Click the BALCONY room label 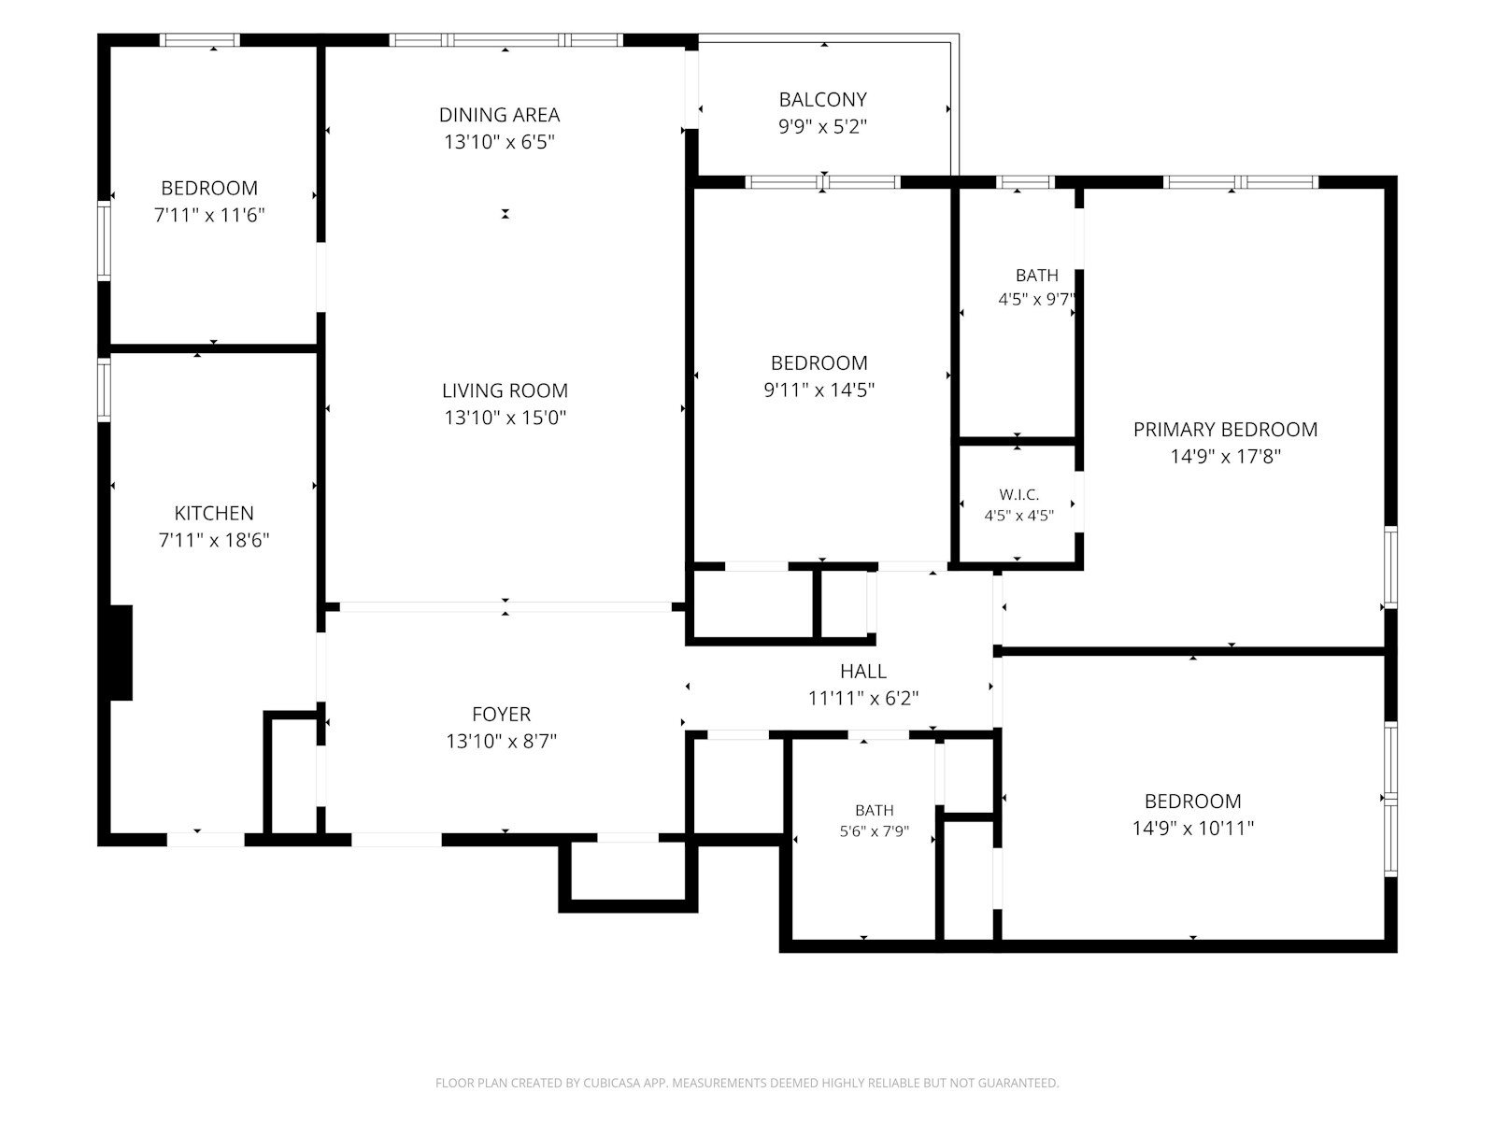[x=823, y=100]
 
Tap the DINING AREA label [x=499, y=115]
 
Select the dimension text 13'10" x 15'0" [x=505, y=418]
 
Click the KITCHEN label [x=214, y=513]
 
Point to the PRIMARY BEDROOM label [x=1225, y=430]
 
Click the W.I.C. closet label [x=1018, y=495]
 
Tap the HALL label [x=863, y=672]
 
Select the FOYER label [x=501, y=714]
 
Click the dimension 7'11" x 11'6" [x=209, y=215]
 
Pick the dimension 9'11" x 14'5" [x=819, y=390]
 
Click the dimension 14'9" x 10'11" [x=1192, y=829]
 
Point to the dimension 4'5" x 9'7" [x=1036, y=300]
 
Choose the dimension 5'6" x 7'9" [x=875, y=831]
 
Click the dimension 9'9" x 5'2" [x=823, y=127]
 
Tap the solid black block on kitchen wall [x=121, y=653]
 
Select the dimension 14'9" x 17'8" [x=1225, y=456]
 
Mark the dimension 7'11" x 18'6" [x=214, y=541]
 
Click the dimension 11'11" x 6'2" [x=863, y=699]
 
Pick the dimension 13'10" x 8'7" [x=501, y=741]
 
